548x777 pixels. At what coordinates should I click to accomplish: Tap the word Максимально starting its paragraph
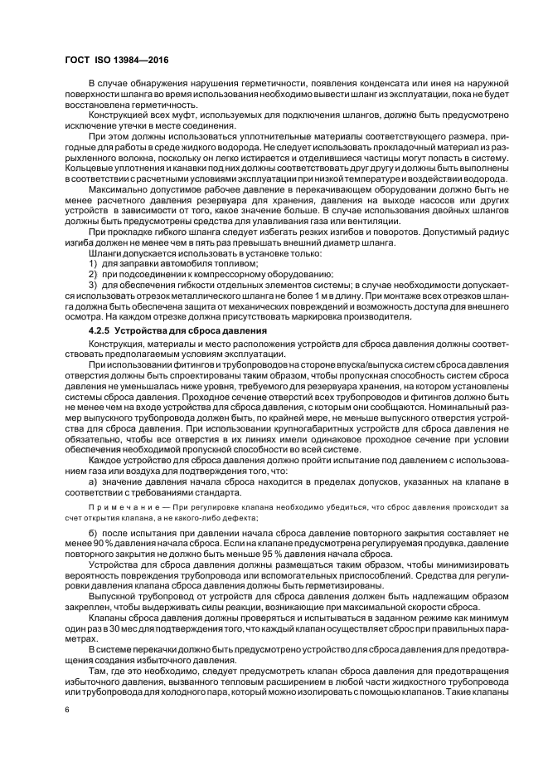pos(118,188)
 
